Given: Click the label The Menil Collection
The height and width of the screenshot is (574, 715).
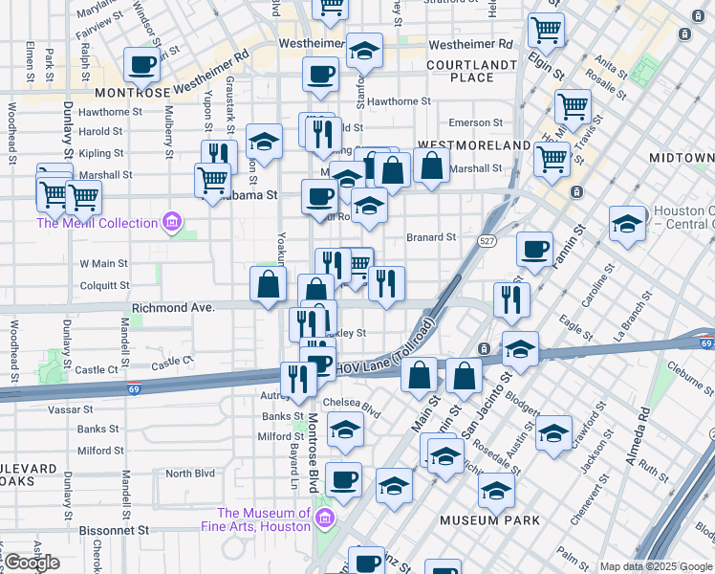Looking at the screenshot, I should [97, 223].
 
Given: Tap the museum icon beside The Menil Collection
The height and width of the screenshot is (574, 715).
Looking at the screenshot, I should [171, 223].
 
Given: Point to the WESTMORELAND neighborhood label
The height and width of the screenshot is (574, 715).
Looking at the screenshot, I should [474, 144].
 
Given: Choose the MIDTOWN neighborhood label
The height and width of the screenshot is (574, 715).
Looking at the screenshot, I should [681, 157].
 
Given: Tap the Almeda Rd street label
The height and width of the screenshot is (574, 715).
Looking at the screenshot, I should [638, 436].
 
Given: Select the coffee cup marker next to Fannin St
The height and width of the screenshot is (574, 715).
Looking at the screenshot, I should [534, 249].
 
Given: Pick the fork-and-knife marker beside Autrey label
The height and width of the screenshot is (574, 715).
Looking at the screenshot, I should [298, 380].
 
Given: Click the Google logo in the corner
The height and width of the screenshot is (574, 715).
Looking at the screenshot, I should [32, 563].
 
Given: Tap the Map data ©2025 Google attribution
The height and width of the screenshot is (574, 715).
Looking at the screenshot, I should [655, 566].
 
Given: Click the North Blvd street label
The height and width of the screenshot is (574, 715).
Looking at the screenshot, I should [190, 474].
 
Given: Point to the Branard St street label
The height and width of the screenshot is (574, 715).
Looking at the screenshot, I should [431, 237].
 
